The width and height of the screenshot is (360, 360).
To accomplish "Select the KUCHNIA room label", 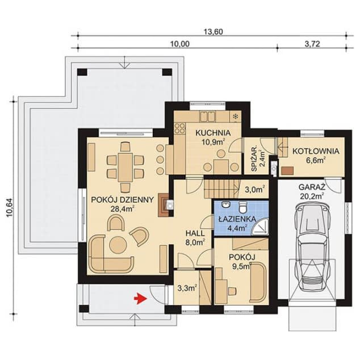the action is [x=212, y=133].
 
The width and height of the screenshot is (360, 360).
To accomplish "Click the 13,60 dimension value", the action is [x=214, y=32].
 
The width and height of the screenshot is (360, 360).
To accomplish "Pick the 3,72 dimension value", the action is [x=312, y=44].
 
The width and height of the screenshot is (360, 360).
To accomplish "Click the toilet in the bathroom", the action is [x=242, y=206].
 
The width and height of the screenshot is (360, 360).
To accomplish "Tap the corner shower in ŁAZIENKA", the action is [x=261, y=227].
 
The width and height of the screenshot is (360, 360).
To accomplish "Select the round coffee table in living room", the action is [x=118, y=245].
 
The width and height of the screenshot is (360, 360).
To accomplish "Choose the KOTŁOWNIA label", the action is [x=316, y=151].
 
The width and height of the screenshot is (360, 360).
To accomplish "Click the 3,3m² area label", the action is [x=187, y=288].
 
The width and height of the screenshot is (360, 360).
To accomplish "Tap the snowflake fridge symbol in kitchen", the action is [x=235, y=116].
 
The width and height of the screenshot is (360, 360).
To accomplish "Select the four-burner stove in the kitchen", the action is [x=180, y=128].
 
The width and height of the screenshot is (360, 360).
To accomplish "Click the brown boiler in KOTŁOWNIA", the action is [x=287, y=171].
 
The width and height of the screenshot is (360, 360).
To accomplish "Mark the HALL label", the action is [x=195, y=234].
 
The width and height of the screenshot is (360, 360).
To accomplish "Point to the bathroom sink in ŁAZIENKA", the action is [x=225, y=205].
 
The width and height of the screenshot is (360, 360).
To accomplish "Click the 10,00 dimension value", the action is [x=180, y=44].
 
